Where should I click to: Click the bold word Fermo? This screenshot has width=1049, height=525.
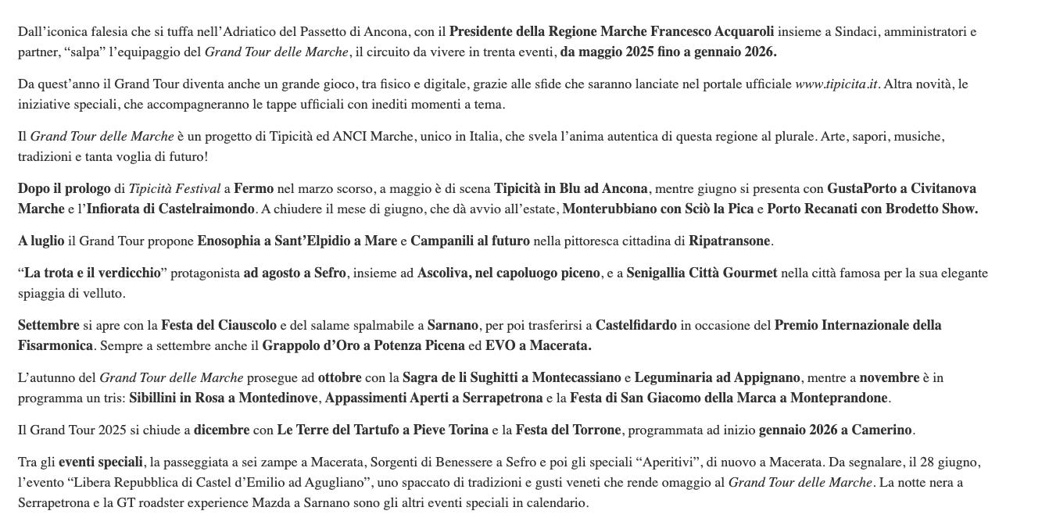253,189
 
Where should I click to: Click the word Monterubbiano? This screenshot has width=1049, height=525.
607,209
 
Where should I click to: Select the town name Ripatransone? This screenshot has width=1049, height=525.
729,241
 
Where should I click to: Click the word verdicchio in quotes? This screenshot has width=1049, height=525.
129,273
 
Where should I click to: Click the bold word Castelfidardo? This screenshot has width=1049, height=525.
635,326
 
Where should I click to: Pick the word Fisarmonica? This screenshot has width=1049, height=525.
55,346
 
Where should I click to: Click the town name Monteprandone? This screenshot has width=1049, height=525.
839,398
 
